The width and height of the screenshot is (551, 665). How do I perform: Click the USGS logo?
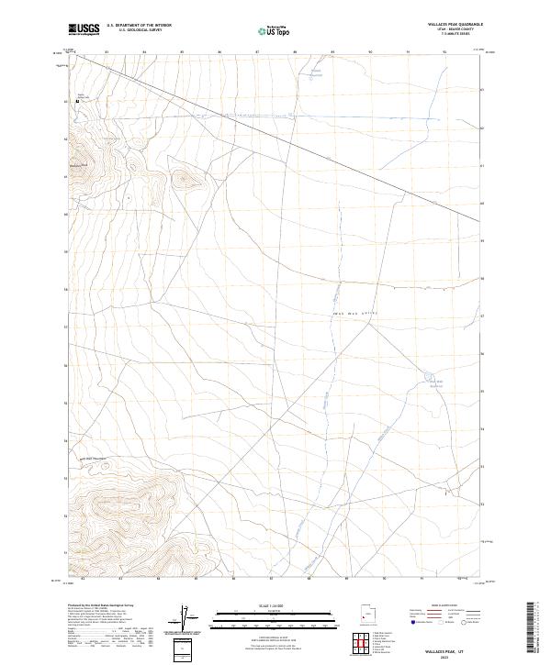point(84,29)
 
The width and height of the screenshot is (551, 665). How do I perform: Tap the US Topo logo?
point(275,30)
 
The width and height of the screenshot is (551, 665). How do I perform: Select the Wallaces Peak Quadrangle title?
point(455,25)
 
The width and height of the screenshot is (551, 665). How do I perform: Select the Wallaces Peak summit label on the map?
point(78,165)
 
